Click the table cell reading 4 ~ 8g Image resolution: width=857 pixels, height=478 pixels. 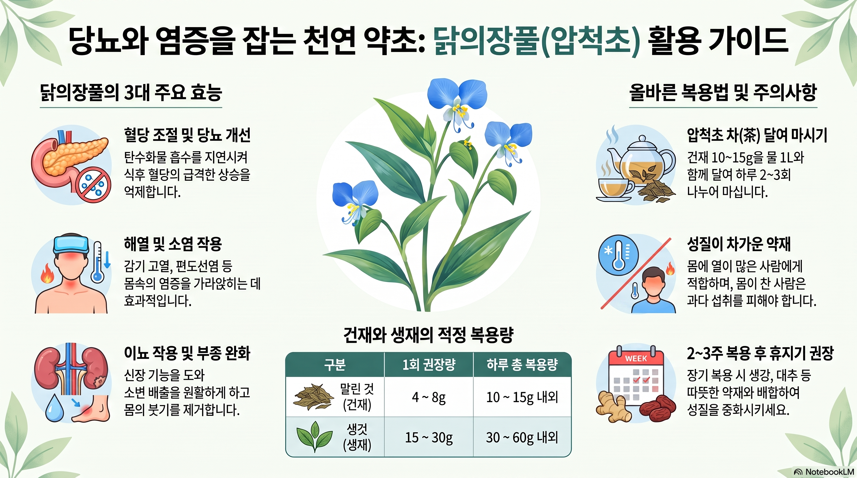click(x=429, y=397)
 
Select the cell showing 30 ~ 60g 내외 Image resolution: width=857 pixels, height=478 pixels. click(x=522, y=437)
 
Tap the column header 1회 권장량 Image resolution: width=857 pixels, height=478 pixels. click(x=429, y=365)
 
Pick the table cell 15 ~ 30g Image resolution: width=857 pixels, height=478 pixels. click(x=429, y=437)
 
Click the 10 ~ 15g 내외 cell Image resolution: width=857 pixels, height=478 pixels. click(x=522, y=397)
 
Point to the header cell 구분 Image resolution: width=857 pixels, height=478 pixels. click(x=335, y=365)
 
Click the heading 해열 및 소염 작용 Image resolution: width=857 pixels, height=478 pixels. click(x=173, y=244)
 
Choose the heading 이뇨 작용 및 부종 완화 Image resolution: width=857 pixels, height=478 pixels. click(x=187, y=353)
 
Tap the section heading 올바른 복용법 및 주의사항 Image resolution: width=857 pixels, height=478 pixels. click(x=723, y=92)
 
